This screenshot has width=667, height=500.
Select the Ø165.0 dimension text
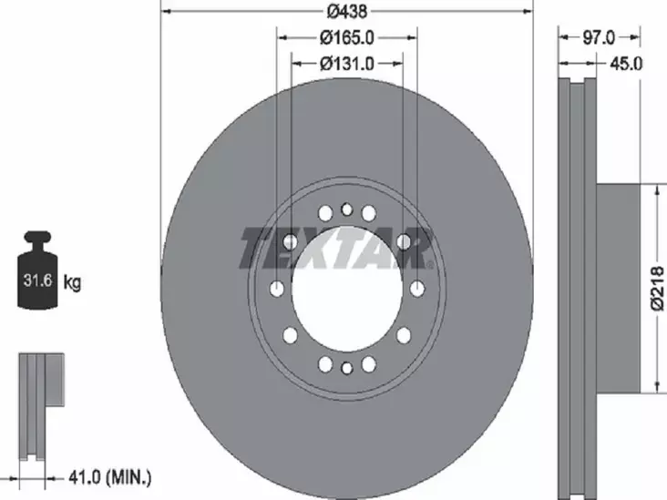pyautogui.click(x=347, y=37)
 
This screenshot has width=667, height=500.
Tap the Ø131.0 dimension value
pyautogui.click(x=347, y=63)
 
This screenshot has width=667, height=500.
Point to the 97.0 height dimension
pyautogui.click(x=599, y=37)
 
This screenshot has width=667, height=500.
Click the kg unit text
pyautogui.click(x=72, y=283)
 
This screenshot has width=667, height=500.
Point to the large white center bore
pyautogui.click(x=346, y=289)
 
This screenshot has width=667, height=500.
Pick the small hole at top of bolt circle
pyautogui.click(x=346, y=209)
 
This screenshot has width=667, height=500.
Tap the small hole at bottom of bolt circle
pyautogui.click(x=346, y=369)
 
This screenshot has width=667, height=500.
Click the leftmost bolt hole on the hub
pyautogui.click(x=276, y=289)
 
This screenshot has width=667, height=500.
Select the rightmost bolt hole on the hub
pyautogui.click(x=417, y=289)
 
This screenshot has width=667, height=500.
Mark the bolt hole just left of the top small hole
pyautogui.click(x=324, y=213)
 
